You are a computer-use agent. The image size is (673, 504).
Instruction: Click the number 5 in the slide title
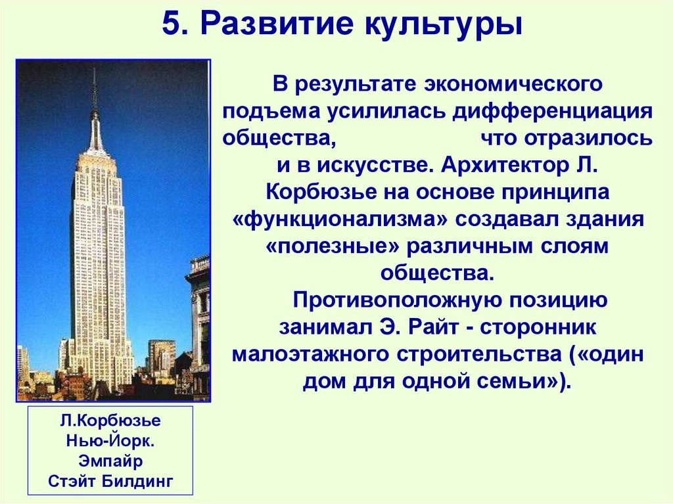click(x=170, y=27)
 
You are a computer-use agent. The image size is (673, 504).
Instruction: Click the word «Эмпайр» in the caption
click(x=110, y=460)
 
